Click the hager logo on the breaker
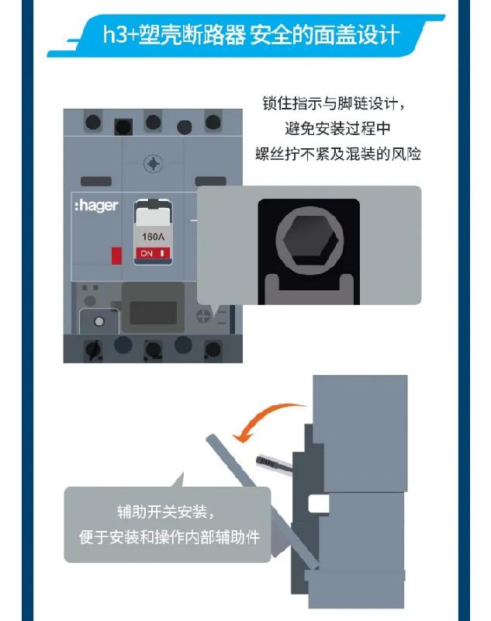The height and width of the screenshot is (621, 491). coord(96,206)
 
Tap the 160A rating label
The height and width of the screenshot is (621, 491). coord(153,237)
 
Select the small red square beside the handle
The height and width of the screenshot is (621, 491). coord(116,255)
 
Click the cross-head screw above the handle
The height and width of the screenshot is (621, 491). coord(153,164)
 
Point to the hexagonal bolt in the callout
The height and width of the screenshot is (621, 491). coord(309,241)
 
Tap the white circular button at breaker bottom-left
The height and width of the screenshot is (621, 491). coord(99,321)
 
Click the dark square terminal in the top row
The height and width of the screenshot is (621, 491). coord(123,127)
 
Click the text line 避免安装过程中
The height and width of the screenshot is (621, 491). coord(337,129)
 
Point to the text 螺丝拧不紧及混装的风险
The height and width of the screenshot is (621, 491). coord(338,154)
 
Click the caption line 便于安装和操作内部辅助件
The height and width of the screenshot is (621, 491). coord(169,537)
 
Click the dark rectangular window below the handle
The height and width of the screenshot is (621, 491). coord(153,313)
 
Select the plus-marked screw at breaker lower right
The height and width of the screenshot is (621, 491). coord(203,316)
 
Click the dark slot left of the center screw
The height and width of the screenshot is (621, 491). coord(96,182)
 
